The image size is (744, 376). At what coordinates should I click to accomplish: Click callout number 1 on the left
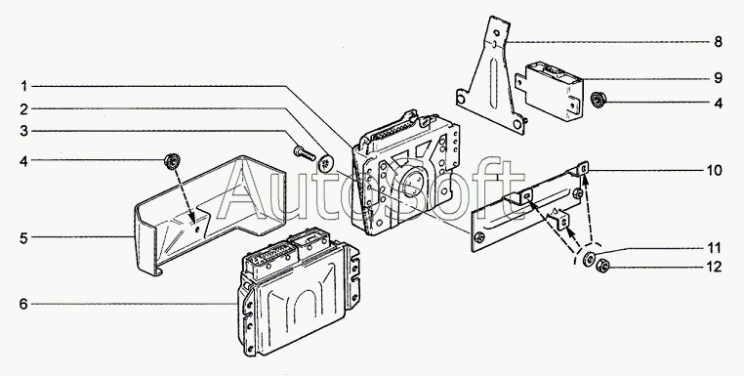(x=23, y=86)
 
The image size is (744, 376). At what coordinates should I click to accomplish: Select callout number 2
(x=23, y=109)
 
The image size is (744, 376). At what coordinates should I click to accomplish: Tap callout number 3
(x=23, y=131)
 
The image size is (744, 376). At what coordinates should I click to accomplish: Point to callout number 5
(x=23, y=238)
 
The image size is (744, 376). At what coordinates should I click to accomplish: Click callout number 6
(x=23, y=304)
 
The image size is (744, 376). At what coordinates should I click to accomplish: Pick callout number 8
(x=718, y=42)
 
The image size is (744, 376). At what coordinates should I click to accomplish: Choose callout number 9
(x=718, y=78)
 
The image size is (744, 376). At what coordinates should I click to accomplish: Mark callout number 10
(x=714, y=170)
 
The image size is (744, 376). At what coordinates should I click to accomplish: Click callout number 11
(x=714, y=248)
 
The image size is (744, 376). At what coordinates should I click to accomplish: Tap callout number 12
(x=714, y=267)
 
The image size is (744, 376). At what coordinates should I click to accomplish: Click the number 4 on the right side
(x=718, y=103)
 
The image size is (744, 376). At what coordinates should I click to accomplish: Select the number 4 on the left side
(x=23, y=161)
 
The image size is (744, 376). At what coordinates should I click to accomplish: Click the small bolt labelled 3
(x=305, y=152)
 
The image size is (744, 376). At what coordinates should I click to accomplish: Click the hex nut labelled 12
(x=602, y=267)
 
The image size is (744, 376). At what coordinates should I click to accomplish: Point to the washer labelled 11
(x=590, y=258)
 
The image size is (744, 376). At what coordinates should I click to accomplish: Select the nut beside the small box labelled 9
(x=599, y=100)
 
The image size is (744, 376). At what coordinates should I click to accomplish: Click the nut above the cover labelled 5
(x=171, y=161)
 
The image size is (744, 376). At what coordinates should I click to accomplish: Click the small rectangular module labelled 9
(x=551, y=91)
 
